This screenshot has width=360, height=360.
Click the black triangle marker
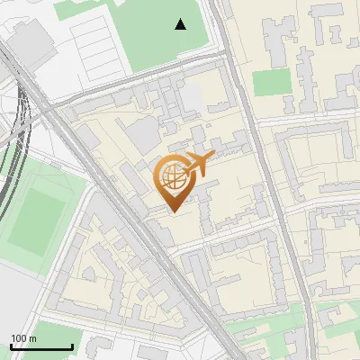[x=181, y=24]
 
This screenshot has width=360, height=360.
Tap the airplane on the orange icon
[x=198, y=164]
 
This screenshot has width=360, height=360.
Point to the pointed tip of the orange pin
[x=173, y=211]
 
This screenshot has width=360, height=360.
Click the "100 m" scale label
[x=23, y=338]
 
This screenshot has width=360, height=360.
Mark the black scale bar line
[x=41, y=346]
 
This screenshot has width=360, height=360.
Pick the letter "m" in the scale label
[x=32, y=338]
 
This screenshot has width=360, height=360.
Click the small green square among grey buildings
[x=272, y=83]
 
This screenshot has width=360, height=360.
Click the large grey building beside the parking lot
[x=31, y=40]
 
